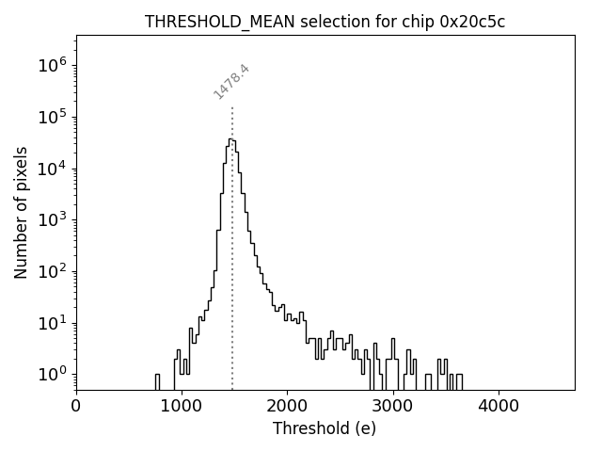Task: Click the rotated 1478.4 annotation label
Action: [x=230, y=81]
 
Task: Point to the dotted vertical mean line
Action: [x=232, y=282]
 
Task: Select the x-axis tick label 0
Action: [x=76, y=406]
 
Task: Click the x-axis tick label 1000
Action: [x=182, y=406]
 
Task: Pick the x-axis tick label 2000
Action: [x=287, y=406]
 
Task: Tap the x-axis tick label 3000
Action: [x=392, y=406]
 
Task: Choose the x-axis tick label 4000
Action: [x=498, y=406]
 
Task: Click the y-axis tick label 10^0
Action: [x=51, y=375]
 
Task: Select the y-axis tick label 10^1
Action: [x=51, y=323]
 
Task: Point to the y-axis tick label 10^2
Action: [x=51, y=272]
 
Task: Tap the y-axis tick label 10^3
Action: [x=51, y=220]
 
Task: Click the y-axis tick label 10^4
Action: [x=51, y=169]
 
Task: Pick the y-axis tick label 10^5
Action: [x=51, y=118]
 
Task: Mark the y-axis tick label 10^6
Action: [x=51, y=66]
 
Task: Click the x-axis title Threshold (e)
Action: [x=325, y=428]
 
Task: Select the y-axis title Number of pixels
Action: [x=22, y=213]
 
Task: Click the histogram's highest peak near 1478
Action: [x=230, y=139]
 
